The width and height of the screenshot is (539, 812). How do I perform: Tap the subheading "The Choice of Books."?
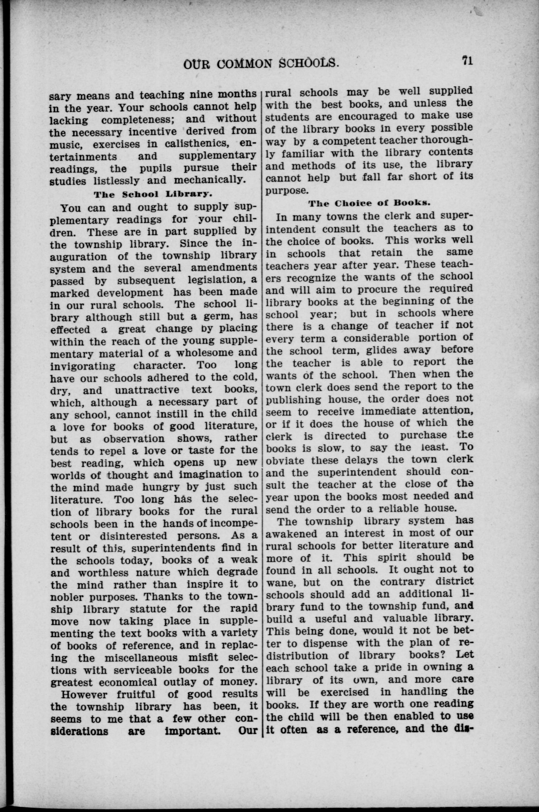[x=369, y=203]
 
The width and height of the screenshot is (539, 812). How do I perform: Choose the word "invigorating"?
[x=83, y=365]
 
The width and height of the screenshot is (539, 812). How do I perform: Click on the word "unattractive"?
[x=147, y=390]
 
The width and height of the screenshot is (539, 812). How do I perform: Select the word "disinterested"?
[x=134, y=536]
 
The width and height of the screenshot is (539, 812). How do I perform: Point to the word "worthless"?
[x=108, y=573]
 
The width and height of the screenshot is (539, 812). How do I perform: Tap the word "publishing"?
[x=294, y=400]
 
